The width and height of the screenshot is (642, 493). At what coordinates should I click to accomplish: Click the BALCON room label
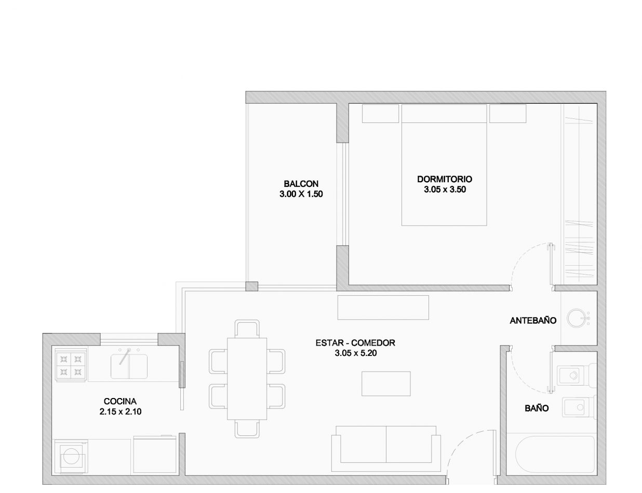301,184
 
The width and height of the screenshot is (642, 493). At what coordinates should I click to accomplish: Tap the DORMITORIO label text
445,179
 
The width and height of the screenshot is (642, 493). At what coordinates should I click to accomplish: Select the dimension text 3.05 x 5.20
355,353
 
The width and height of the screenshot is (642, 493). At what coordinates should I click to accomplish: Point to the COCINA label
120,401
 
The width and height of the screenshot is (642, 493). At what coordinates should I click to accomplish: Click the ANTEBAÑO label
533,320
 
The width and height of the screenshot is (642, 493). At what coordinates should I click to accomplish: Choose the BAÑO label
537,408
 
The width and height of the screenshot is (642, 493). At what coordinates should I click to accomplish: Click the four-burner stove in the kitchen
71,365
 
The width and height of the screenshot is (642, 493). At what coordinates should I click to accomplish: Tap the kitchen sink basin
129,366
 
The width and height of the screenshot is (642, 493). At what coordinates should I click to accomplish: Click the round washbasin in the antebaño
576,318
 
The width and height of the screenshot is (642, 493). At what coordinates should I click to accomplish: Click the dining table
247,379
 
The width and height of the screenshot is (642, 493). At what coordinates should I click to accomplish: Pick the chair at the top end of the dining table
247,328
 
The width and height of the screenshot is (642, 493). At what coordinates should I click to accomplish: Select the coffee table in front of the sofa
386,384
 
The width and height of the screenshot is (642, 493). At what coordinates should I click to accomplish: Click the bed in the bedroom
444,165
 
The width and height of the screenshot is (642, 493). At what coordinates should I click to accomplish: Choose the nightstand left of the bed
380,113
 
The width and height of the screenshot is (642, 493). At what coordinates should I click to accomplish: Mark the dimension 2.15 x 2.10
121,412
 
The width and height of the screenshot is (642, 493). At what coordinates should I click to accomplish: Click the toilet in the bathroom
576,375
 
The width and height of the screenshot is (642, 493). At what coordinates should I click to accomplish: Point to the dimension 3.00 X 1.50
301,194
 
